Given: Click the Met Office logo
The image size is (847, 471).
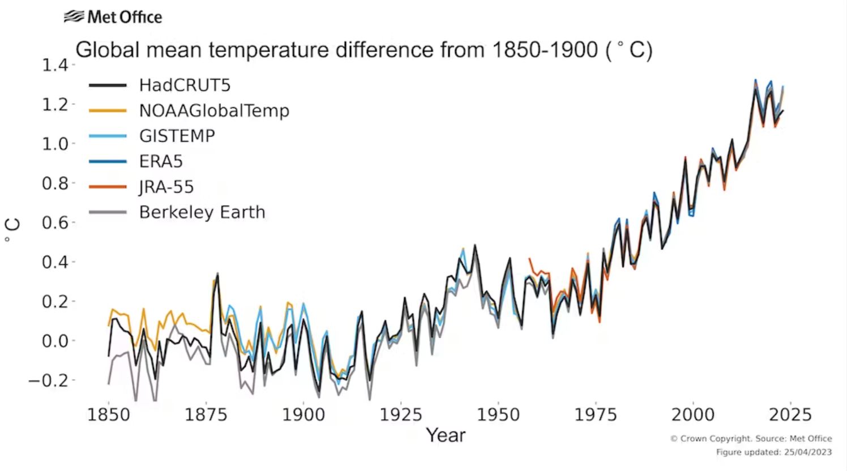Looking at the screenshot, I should click(113, 17).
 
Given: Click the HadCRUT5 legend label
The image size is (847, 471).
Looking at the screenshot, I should click(185, 85).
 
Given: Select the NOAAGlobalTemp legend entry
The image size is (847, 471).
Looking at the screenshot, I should click(214, 110).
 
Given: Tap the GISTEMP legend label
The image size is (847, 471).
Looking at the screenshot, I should click(177, 136).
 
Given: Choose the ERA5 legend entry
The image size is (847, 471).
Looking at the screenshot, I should click(161, 161).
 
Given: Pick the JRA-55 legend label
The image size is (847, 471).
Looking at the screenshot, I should click(166, 187).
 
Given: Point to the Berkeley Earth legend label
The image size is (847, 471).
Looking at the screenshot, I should click(202, 212).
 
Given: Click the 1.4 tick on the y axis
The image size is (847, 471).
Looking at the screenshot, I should click(54, 65).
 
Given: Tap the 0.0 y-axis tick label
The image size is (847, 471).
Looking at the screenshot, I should click(54, 341).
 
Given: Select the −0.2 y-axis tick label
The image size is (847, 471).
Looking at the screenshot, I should click(48, 380).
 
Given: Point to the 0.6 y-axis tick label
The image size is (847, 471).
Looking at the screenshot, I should click(54, 222).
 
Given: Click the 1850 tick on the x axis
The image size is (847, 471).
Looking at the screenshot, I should click(108, 415).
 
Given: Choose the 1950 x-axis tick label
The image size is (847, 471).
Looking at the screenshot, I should click(498, 415).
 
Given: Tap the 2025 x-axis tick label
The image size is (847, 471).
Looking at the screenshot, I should click(790, 415).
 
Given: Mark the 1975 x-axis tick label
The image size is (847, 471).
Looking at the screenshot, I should click(596, 415).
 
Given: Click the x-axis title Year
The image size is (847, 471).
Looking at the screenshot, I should click(446, 435).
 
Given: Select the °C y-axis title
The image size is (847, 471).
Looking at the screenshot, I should click(12, 231).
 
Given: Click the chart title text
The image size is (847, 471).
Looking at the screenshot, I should click(364, 50).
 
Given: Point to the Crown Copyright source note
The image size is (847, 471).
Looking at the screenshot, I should click(751, 439).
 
